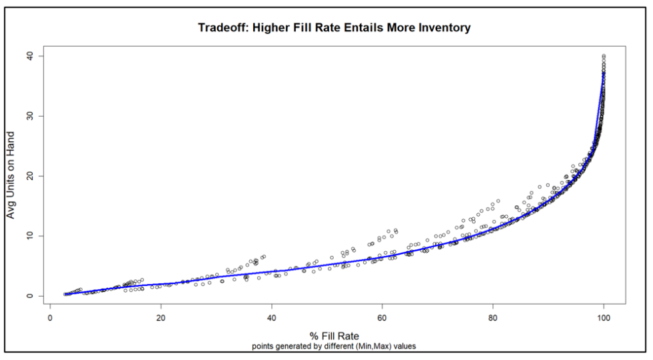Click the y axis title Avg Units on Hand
point(11,175)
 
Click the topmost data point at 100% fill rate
point(603,56)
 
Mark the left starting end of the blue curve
point(65,294)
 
